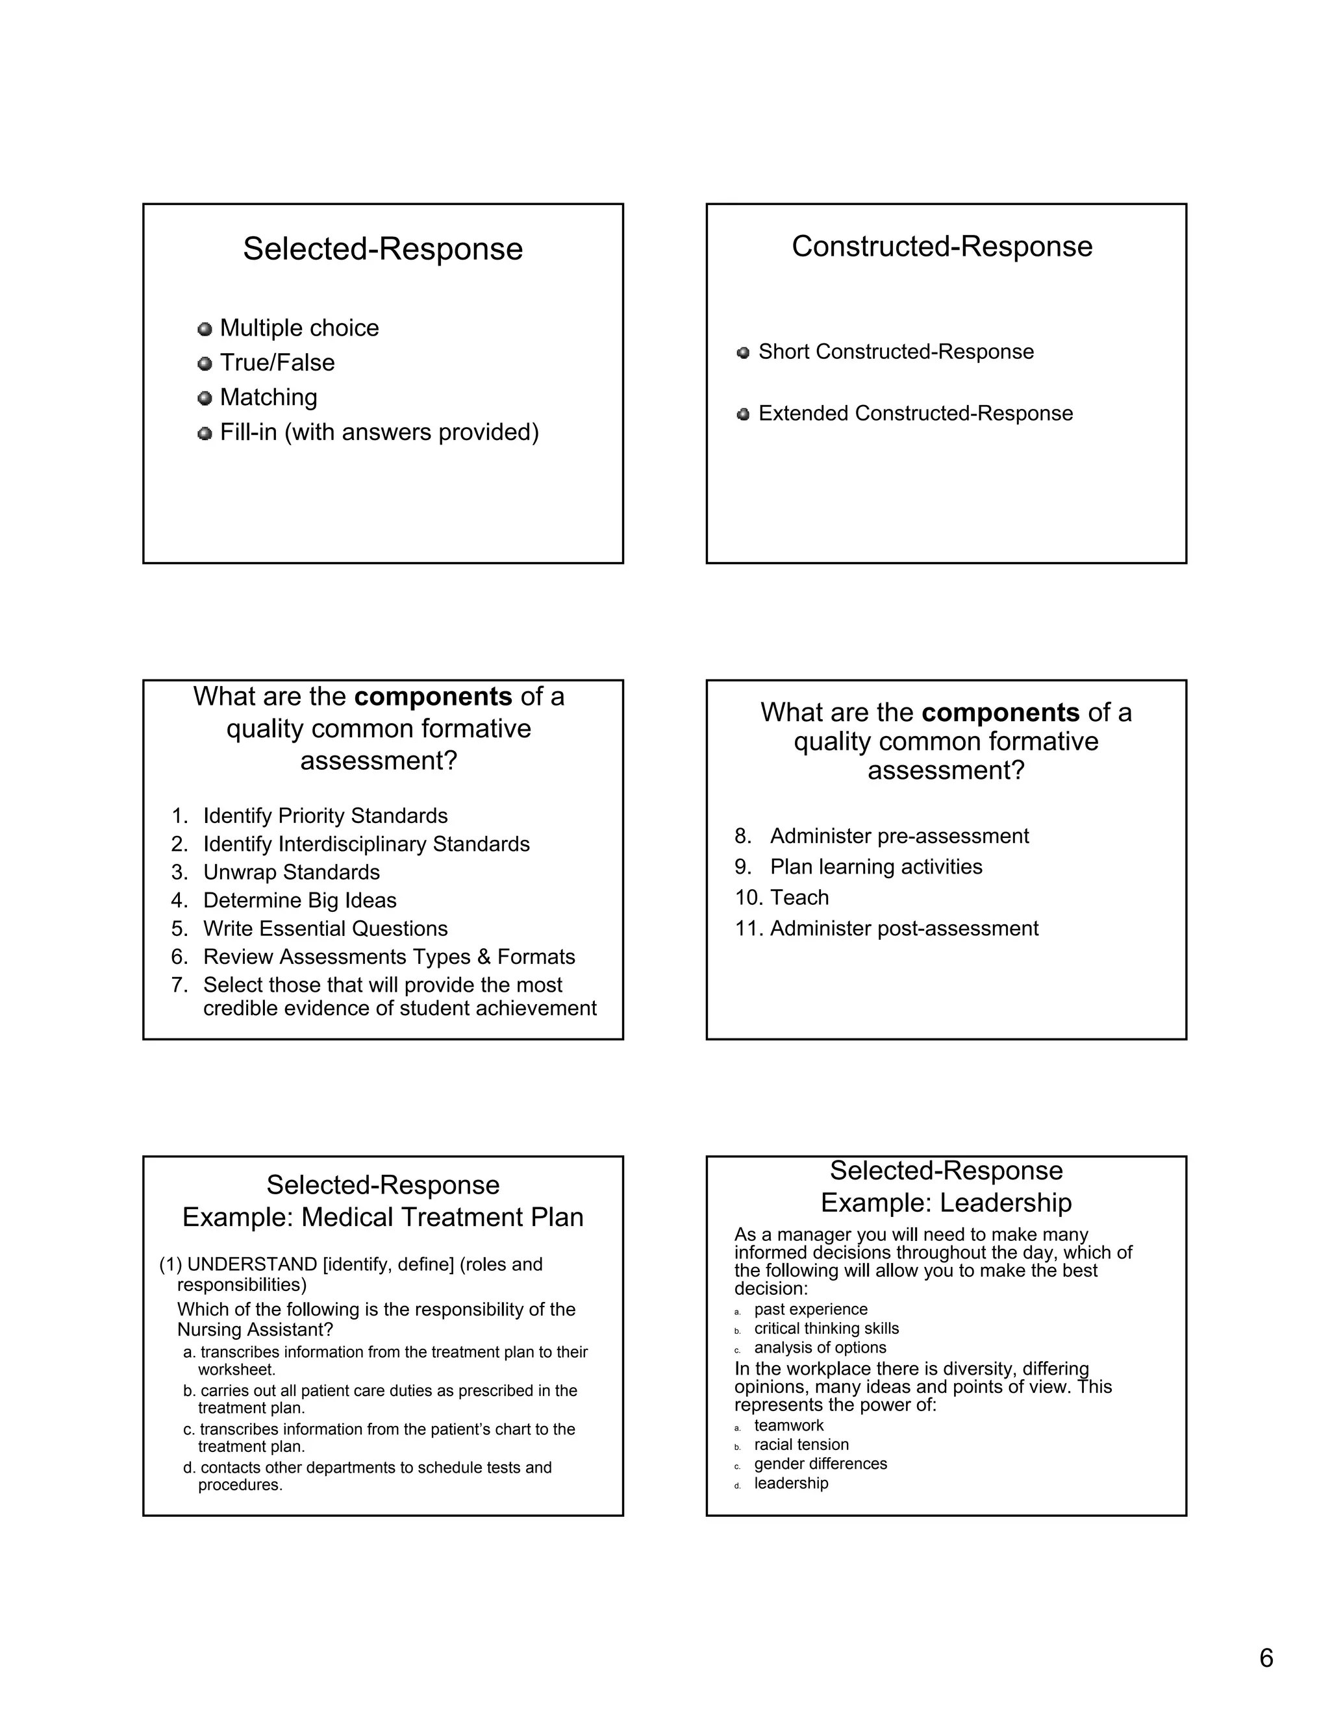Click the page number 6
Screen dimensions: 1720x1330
(x=1266, y=1658)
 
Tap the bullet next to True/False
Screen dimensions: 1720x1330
(x=205, y=364)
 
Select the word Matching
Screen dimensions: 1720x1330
(x=268, y=397)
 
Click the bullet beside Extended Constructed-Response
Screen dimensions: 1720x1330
(x=742, y=414)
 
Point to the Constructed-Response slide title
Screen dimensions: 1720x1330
(x=942, y=247)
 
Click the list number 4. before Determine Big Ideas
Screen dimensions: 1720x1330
(x=180, y=900)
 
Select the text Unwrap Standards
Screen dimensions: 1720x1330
(x=291, y=872)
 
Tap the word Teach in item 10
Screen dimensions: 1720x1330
(x=799, y=897)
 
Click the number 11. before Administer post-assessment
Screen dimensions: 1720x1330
(x=749, y=929)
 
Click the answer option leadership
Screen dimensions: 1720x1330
(x=790, y=1483)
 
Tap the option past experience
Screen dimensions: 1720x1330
(x=810, y=1309)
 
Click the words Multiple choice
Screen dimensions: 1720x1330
(x=299, y=328)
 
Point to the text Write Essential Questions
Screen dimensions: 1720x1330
(x=325, y=929)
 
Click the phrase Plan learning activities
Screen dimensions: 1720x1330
(x=875, y=866)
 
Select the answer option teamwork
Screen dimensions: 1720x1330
(x=788, y=1425)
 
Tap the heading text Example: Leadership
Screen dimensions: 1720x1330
(x=946, y=1203)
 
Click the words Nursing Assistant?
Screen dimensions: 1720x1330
(x=255, y=1329)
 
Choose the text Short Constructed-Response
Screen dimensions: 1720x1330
(x=895, y=351)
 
